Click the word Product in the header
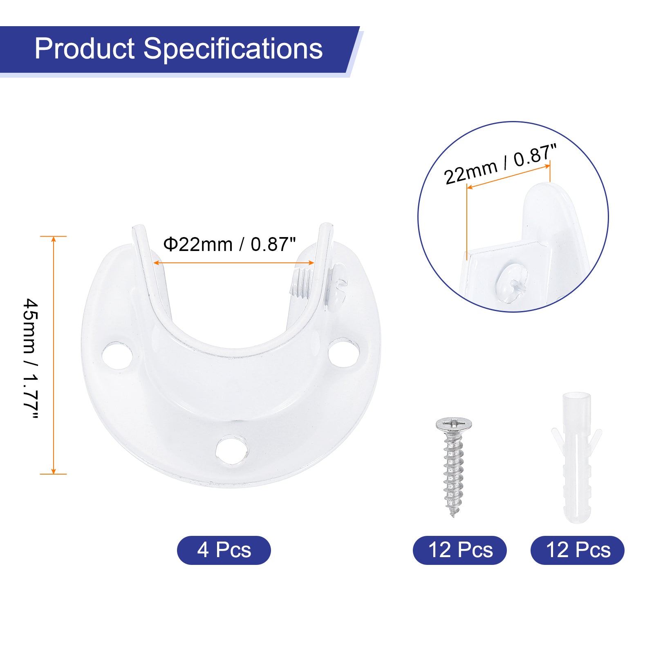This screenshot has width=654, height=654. point(85,49)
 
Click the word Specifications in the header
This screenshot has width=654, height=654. point(233,49)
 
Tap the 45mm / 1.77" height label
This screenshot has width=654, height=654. point(31,359)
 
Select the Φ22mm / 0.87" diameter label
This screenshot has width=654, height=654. point(229,244)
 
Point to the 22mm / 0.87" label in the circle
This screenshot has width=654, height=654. point(500,164)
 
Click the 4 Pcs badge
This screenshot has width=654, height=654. point(224,550)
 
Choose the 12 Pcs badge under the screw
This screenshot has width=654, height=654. point(460,550)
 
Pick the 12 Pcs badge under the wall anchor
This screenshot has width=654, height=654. point(578,550)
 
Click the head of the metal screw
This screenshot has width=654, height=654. point(454,424)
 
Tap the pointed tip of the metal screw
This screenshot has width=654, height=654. point(452,516)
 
